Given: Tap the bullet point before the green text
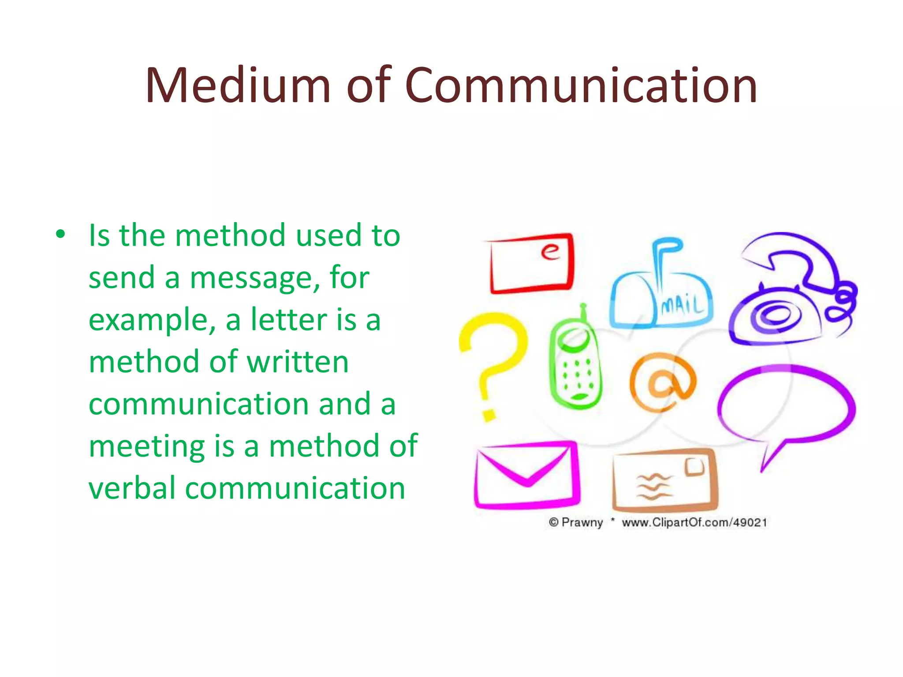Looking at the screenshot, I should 60,234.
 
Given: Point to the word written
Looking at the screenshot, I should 298,362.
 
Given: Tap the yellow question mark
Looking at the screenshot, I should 492,361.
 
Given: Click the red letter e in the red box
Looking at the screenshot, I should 550,251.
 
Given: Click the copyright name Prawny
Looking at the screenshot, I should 582,523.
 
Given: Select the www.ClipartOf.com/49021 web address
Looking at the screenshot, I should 694,523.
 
